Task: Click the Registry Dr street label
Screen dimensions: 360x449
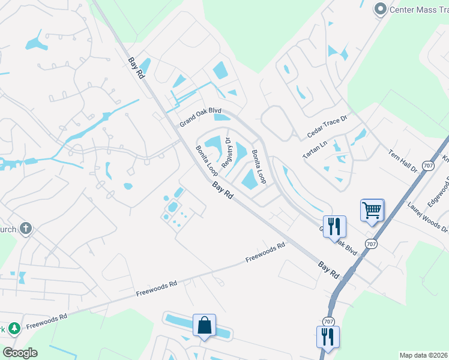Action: (228, 154)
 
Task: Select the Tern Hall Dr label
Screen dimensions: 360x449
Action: (402, 161)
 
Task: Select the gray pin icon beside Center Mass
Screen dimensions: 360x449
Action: (379, 9)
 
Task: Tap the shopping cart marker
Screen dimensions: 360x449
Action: (372, 211)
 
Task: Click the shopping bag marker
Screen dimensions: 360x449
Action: (204, 325)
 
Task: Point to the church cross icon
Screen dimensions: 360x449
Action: (25, 228)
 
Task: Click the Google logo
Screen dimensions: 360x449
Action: (20, 353)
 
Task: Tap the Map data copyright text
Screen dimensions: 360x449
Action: (423, 355)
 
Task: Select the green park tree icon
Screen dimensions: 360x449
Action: (14, 328)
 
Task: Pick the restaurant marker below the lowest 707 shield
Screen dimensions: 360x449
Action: (328, 337)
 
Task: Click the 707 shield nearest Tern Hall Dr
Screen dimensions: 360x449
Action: (427, 165)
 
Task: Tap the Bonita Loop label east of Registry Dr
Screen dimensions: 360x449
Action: (259, 167)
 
